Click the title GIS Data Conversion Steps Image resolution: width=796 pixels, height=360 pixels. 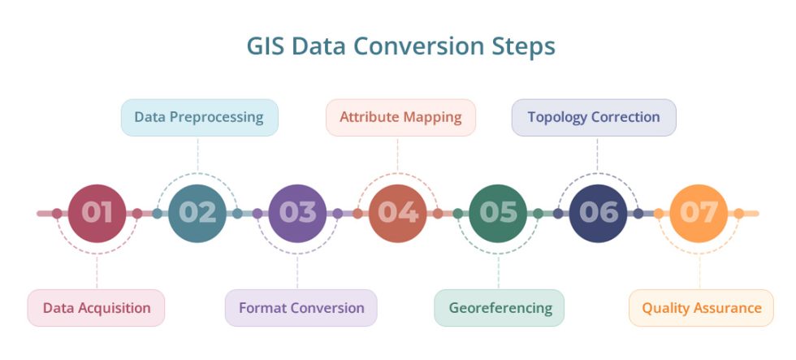pos(400,46)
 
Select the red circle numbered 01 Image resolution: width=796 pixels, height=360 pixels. pos(97,213)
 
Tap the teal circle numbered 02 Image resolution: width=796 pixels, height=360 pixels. pos(197,213)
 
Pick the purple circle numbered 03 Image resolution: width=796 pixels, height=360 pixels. pos(297,213)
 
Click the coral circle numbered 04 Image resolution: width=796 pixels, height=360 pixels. pos(397,213)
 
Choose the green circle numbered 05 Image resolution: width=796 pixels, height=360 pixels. pos(498,213)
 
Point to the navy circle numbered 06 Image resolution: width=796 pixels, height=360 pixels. pos(598,213)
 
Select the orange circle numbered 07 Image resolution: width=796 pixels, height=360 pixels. pos(699,213)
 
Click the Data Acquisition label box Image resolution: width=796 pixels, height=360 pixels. pos(96,308)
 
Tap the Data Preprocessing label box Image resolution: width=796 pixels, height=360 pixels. pos(199,117)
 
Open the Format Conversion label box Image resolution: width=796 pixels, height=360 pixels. pos(301,308)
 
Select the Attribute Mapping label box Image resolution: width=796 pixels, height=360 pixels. pos(400,117)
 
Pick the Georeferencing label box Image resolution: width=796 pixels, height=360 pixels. pos(499,308)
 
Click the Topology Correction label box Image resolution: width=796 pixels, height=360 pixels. pos(594,117)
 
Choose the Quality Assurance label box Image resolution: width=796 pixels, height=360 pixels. pos(701,308)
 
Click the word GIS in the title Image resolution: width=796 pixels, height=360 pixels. pos(266,46)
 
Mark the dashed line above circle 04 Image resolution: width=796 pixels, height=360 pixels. pos(397,154)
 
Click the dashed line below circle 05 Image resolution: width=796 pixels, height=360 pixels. pos(498,270)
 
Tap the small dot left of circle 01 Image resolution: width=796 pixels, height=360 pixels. pos(57,214)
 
